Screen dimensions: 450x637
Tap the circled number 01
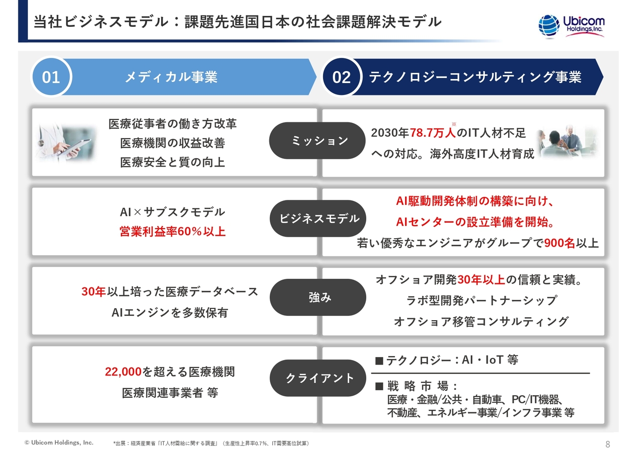point(51,77)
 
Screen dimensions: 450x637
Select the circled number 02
point(341,77)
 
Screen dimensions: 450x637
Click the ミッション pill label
point(319,141)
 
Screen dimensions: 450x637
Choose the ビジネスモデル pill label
point(319,218)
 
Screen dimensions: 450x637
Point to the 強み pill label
point(319,297)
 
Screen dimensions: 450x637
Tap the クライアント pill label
point(319,378)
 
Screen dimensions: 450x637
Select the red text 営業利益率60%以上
point(172,231)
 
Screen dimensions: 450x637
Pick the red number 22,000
point(123,371)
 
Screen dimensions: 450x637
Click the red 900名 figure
point(559,243)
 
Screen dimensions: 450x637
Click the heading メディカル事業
point(171,77)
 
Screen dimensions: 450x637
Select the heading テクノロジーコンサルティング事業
point(475,77)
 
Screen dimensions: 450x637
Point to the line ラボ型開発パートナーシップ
point(481,300)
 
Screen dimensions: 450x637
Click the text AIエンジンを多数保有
point(170,313)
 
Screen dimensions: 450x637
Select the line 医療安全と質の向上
point(172,162)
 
